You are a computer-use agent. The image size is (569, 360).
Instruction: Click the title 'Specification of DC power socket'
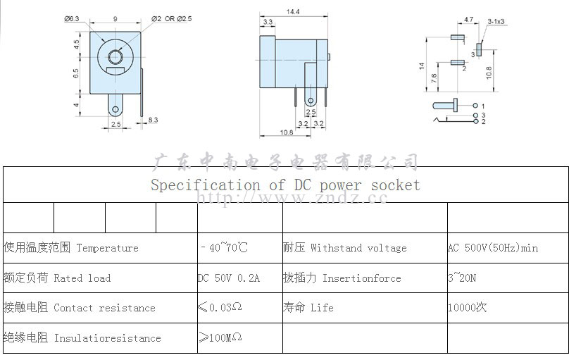(x=284, y=185)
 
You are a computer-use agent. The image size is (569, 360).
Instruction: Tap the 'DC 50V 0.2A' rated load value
(x=229, y=278)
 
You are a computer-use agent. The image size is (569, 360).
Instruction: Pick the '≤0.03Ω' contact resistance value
(x=220, y=308)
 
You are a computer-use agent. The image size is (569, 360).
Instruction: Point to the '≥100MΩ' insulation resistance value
(x=220, y=338)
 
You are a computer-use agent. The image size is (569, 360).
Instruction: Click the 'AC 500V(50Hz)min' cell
(x=493, y=248)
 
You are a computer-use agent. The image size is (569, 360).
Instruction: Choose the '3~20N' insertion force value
(x=462, y=278)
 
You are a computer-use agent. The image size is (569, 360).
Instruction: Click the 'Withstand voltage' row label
(x=344, y=248)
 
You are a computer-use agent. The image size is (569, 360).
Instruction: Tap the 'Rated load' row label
(x=56, y=278)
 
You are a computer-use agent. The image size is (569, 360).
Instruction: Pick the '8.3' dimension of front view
(x=153, y=120)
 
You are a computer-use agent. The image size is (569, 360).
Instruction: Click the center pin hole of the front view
(x=115, y=57)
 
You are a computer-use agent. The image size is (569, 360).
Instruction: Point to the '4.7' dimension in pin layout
(x=468, y=22)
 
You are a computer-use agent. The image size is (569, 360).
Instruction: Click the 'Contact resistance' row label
(x=79, y=308)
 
